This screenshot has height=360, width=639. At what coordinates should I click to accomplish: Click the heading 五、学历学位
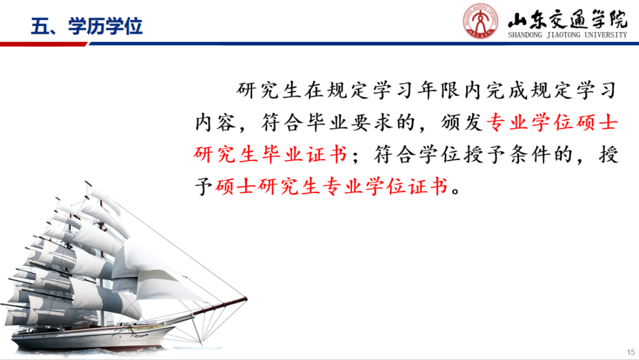[86, 26]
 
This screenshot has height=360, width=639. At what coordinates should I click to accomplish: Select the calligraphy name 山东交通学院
[567, 19]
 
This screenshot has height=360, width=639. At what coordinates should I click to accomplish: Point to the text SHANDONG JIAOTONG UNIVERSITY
[567, 35]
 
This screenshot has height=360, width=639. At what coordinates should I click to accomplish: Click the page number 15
[631, 352]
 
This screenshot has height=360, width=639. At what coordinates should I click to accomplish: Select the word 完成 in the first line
[506, 90]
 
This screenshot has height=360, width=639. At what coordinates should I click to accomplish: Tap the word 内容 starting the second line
[215, 123]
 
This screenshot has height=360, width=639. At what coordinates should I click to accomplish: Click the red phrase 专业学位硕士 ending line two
[552, 123]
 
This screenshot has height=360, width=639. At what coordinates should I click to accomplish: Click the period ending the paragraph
[456, 191]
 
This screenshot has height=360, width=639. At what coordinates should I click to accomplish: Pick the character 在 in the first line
[314, 90]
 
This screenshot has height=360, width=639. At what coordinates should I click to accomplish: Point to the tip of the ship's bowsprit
[246, 299]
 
